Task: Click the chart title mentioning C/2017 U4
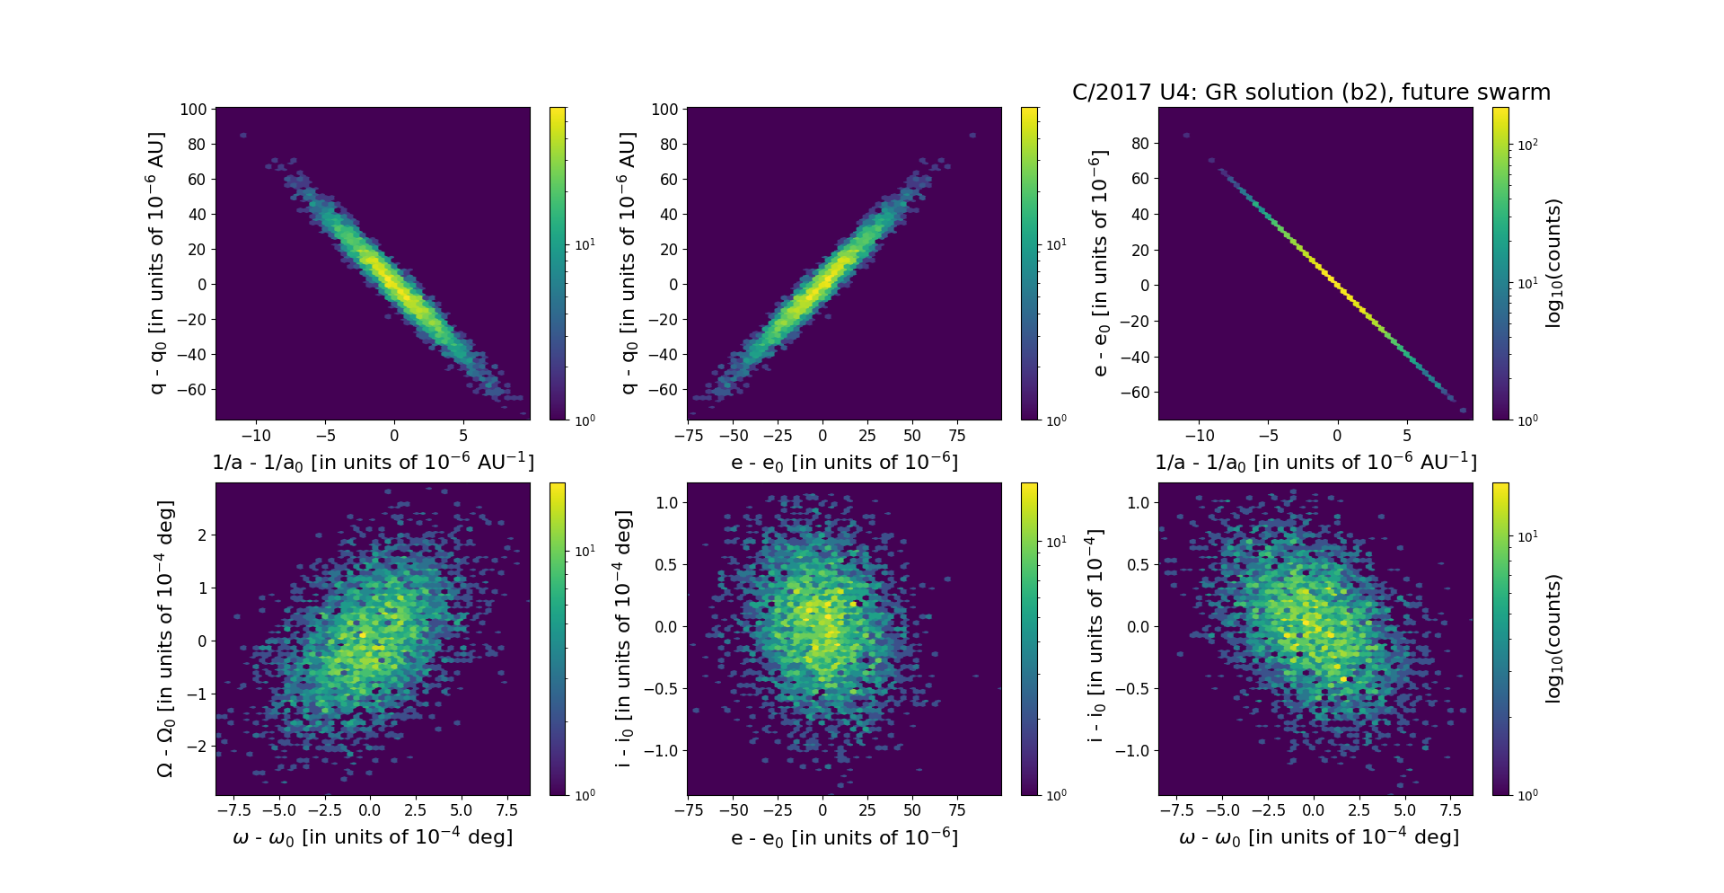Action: click(x=1311, y=93)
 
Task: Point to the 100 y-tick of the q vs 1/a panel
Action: click(x=193, y=110)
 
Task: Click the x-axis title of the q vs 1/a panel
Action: click(x=373, y=462)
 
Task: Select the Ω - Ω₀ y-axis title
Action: click(x=164, y=639)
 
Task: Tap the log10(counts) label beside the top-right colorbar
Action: click(x=1554, y=263)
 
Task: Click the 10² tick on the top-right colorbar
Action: click(x=1527, y=145)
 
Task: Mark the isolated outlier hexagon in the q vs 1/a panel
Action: click(x=243, y=136)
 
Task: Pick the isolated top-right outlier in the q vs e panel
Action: click(x=972, y=136)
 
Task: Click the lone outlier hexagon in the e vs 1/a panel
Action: click(x=1186, y=136)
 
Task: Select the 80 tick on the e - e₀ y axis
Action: click(x=1140, y=143)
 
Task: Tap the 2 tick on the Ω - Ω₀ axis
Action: click(x=202, y=535)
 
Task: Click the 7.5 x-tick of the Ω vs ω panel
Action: click(x=506, y=810)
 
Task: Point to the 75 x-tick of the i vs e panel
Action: click(x=957, y=810)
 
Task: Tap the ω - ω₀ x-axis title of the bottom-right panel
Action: click(x=1319, y=837)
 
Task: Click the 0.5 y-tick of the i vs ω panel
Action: click(x=1138, y=564)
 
